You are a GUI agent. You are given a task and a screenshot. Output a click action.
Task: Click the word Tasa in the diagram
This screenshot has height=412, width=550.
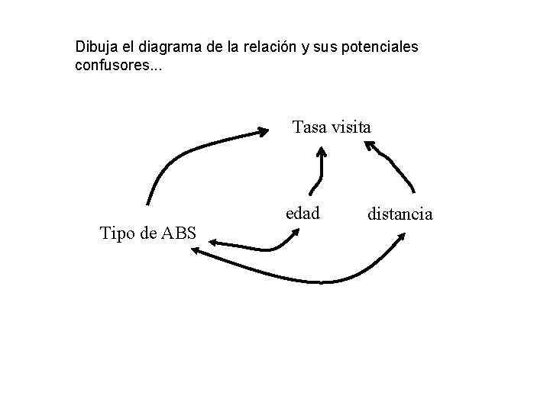coord(310,127)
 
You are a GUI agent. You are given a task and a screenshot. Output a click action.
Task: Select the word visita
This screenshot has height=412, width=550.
coord(351,127)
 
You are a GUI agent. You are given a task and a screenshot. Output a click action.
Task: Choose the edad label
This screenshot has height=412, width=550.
coord(302,214)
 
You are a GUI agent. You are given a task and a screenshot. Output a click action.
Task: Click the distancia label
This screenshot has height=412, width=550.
coord(400,214)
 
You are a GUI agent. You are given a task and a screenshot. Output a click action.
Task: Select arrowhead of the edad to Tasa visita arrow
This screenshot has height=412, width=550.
coord(322,153)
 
